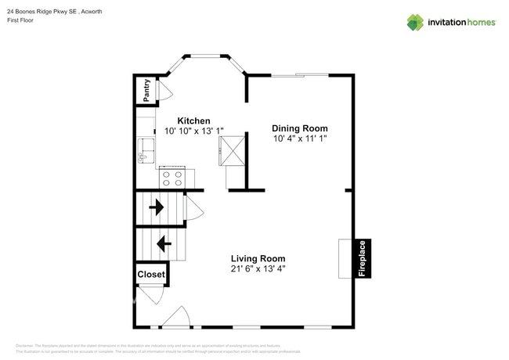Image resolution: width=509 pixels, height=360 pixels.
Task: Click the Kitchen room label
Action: (x=193, y=121)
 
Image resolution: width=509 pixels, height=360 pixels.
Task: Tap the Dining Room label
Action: (x=299, y=128)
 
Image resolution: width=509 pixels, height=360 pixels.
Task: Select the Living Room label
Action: (x=258, y=258)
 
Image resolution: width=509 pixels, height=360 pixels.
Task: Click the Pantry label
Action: (x=146, y=90)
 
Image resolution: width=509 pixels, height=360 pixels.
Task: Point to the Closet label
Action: (x=151, y=275)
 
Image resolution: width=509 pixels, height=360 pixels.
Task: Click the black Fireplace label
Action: (x=362, y=258)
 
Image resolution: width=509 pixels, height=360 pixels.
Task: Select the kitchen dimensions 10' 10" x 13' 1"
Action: (x=193, y=131)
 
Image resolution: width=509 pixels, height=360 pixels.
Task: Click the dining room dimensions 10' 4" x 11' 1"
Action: (x=299, y=139)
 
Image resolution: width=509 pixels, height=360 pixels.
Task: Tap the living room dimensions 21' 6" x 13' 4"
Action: (x=258, y=269)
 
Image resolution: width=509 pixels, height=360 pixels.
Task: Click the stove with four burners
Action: (x=171, y=178)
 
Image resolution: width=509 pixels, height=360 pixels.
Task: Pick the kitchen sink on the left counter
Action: (x=144, y=149)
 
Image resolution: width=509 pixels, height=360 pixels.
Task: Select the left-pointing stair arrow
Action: (x=164, y=244)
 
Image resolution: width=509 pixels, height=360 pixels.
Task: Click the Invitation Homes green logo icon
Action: (x=415, y=22)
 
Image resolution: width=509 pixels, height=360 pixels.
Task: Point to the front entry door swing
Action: (x=174, y=318)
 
